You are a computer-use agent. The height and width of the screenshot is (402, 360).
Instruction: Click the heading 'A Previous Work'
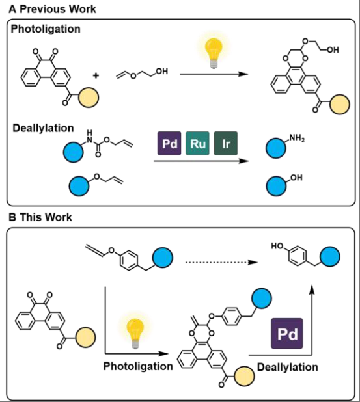tap(52, 9)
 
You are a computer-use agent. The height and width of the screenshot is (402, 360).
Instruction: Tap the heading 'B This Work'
tap(40, 217)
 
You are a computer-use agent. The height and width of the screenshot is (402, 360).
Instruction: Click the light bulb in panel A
tap(214, 53)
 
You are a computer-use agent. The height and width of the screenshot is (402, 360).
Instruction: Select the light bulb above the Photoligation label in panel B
tap(135, 333)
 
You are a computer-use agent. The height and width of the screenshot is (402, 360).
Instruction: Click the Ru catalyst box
tap(197, 144)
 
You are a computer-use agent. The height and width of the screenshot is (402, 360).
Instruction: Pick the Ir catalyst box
tap(226, 144)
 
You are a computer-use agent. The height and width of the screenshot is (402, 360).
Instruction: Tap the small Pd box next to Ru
tap(169, 144)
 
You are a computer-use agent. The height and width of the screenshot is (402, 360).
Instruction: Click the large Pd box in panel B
tap(287, 333)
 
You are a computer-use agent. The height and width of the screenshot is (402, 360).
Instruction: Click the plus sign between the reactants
tap(96, 75)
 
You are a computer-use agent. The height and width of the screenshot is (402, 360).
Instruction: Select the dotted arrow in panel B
tap(221, 262)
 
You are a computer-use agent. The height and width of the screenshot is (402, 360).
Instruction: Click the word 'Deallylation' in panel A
tap(43, 128)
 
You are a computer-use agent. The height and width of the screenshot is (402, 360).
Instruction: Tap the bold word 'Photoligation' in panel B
tap(138, 366)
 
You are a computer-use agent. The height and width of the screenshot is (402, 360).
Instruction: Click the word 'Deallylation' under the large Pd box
tap(288, 367)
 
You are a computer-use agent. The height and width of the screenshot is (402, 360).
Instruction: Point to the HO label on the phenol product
tap(277, 246)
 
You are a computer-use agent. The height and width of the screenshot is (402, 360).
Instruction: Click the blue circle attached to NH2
tap(276, 148)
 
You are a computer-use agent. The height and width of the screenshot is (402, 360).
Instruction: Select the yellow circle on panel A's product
tap(339, 104)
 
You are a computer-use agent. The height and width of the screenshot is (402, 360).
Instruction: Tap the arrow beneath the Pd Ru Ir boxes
tap(201, 161)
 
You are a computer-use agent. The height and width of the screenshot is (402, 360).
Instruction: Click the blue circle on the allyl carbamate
tap(74, 152)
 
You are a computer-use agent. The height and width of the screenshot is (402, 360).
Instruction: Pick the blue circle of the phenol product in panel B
tap(330, 257)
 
